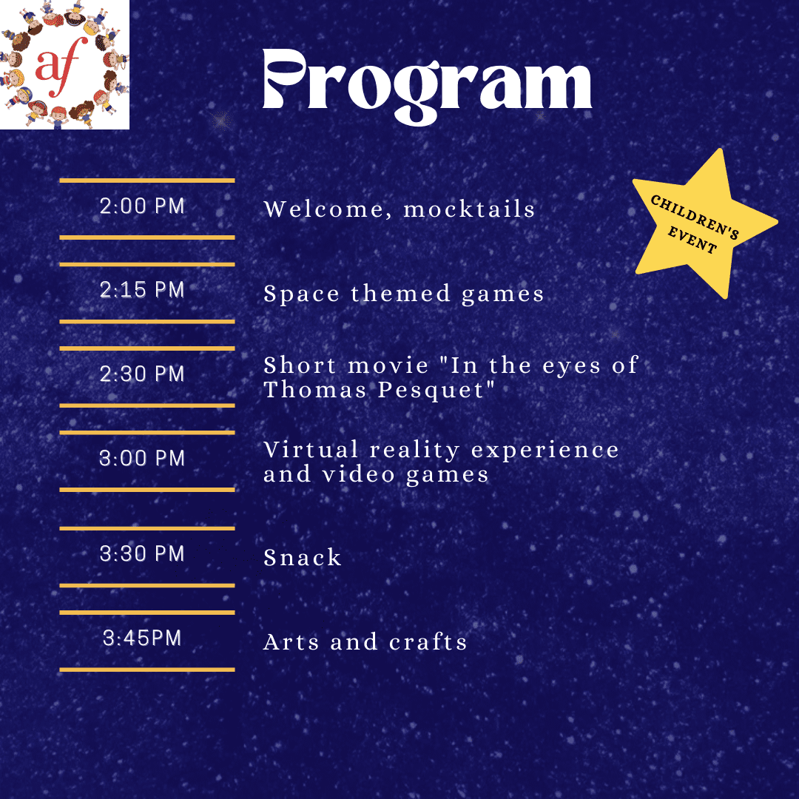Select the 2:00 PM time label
(x=141, y=206)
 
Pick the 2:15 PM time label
(x=141, y=289)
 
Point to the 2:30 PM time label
(x=141, y=374)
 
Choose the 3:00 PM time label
(x=141, y=458)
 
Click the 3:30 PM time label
(x=141, y=553)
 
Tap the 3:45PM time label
(x=141, y=638)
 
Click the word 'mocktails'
(x=469, y=209)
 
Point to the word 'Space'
(x=301, y=294)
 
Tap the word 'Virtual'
(x=311, y=450)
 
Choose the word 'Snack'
(x=302, y=557)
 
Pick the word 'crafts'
(x=428, y=641)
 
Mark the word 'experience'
(x=545, y=451)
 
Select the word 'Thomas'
(x=315, y=390)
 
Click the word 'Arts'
(x=291, y=641)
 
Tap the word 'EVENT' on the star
(x=692, y=239)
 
